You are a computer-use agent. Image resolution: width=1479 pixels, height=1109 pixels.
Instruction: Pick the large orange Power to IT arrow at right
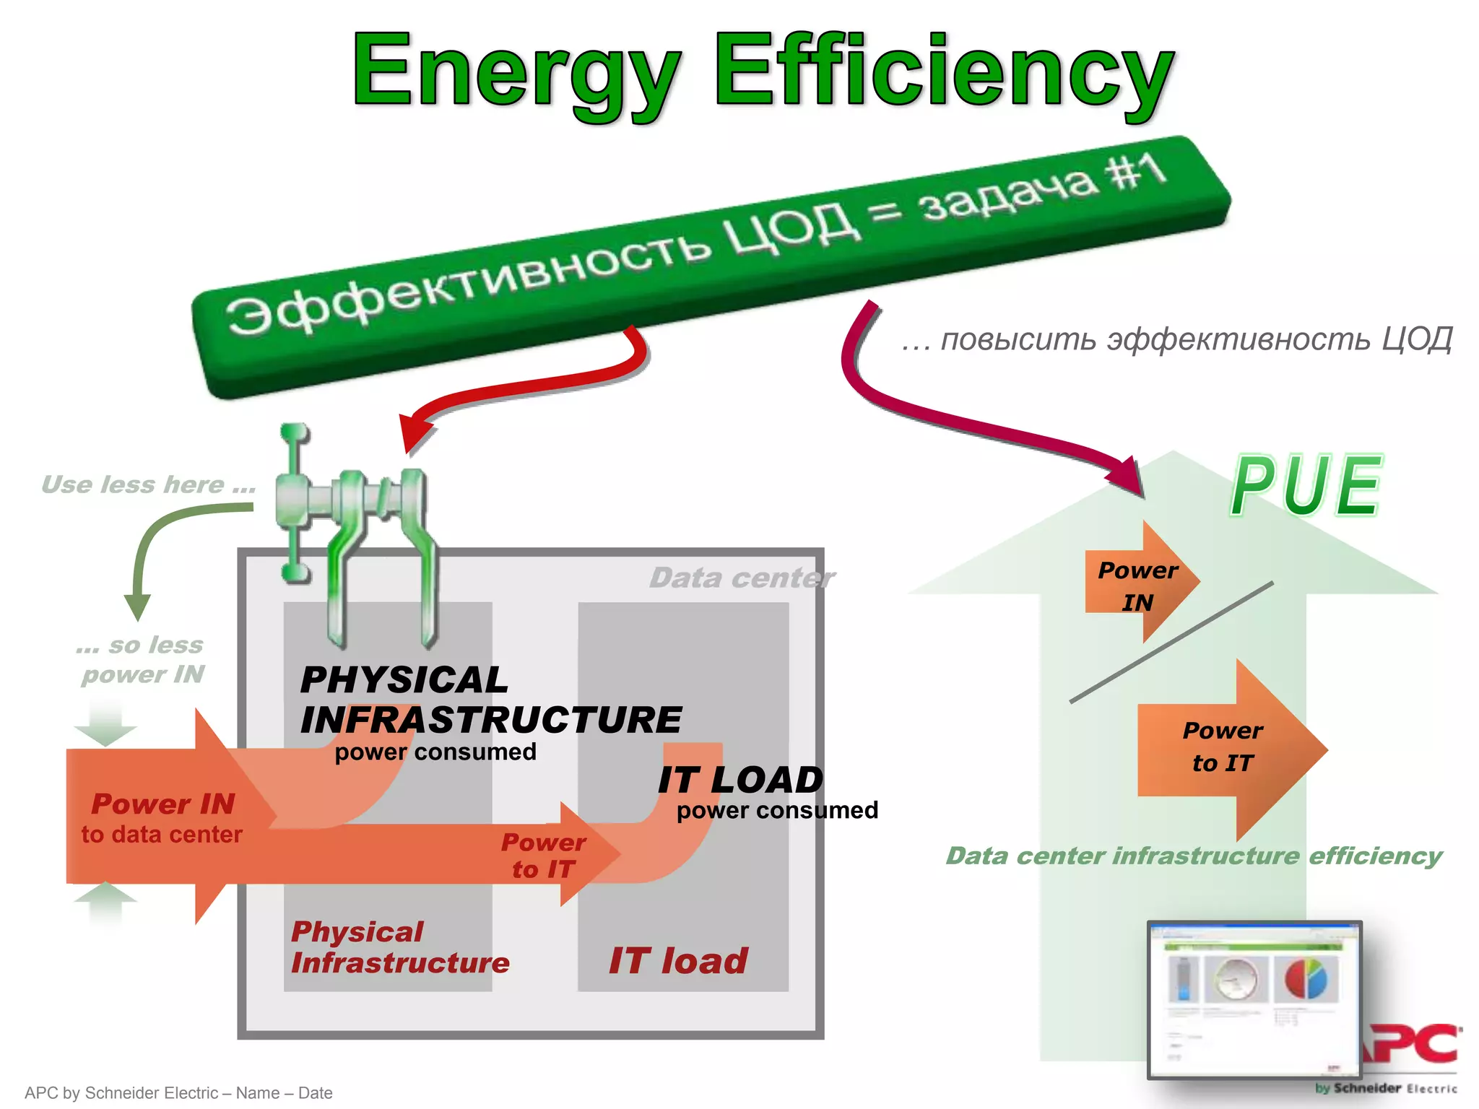1228,748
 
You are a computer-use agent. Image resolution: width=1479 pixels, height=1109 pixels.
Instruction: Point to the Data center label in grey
741,578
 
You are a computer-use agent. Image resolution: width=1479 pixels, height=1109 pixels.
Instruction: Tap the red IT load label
677,961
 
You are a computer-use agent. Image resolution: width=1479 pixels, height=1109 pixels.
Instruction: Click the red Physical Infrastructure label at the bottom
399,947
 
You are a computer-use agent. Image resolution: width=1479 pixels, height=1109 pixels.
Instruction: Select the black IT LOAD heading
740,780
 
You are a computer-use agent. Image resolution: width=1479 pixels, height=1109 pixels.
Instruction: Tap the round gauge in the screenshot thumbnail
1236,980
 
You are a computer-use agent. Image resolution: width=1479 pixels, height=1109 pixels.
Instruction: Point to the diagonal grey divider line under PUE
1170,643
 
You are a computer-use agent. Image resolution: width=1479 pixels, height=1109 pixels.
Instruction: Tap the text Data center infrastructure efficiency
1193,856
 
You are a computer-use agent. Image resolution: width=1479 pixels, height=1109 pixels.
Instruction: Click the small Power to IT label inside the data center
543,856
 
